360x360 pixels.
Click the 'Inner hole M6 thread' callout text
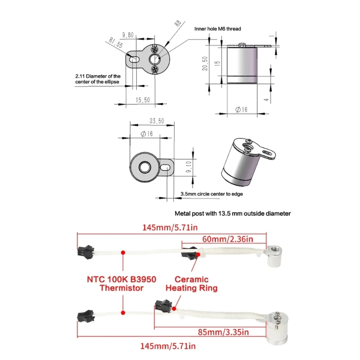click(x=217, y=29)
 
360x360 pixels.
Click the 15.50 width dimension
click(x=143, y=100)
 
